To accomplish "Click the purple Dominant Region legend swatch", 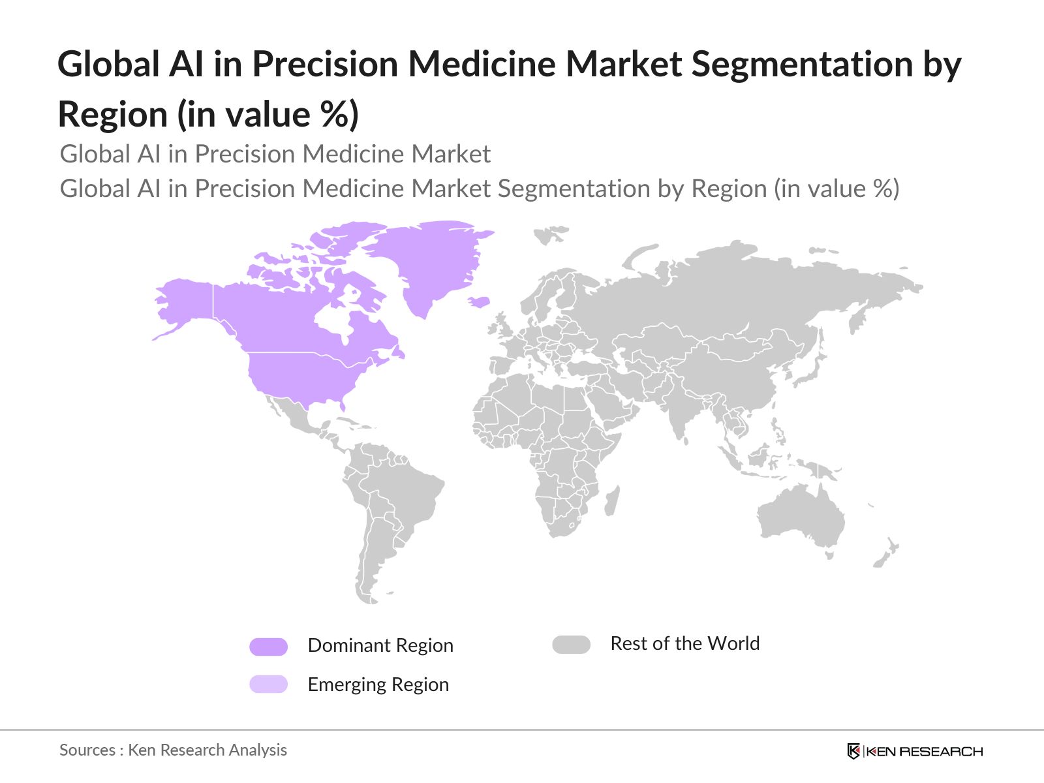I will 268,647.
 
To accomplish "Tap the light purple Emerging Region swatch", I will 268,684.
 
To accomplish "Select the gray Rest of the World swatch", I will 571,645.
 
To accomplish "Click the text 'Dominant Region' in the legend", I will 380,645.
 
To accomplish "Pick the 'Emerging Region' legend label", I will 378,684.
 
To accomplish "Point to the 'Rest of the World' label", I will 684,643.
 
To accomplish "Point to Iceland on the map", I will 480,301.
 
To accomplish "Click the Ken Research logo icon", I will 853,751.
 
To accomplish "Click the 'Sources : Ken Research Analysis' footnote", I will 173,750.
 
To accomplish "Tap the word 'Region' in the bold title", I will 113,115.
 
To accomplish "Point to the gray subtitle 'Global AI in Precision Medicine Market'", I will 275,154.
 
